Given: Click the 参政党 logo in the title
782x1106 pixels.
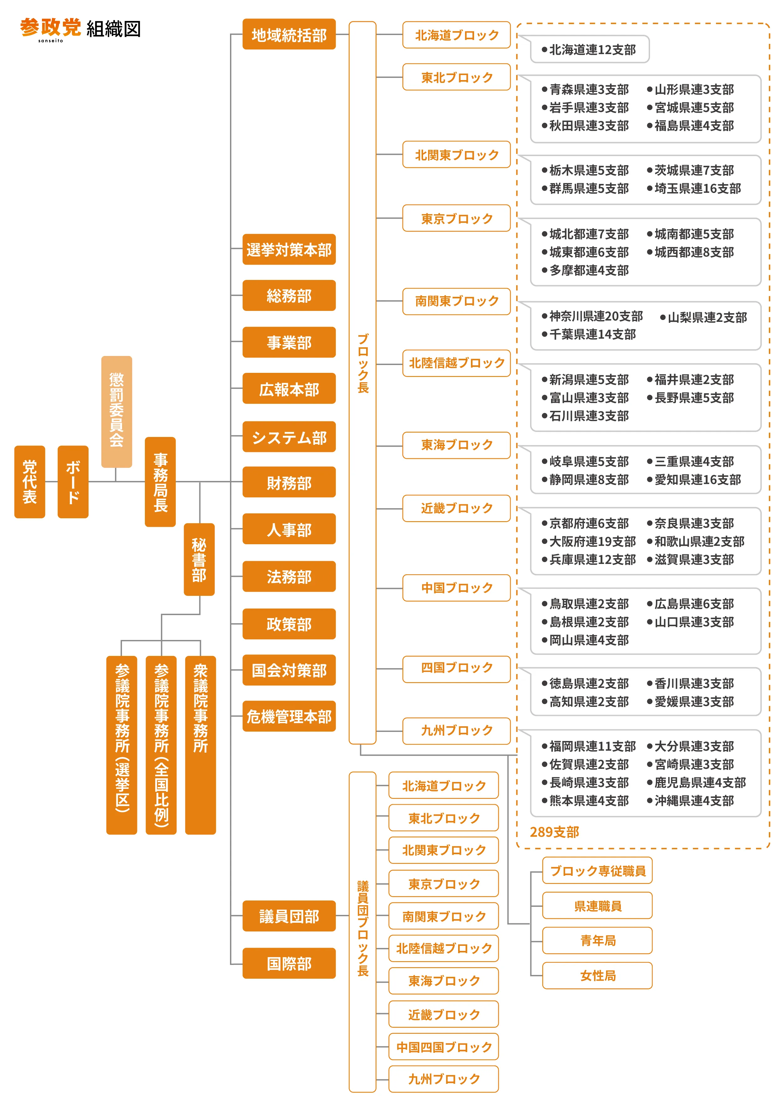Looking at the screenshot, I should (x=50, y=28).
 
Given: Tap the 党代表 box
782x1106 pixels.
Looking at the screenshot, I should (x=29, y=481).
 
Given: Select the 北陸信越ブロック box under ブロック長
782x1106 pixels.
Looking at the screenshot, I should (x=456, y=363).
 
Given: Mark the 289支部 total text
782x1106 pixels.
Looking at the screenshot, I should (x=554, y=832).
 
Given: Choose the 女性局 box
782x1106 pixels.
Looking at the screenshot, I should (x=597, y=976).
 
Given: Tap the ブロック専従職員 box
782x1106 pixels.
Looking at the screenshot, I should (x=597, y=870).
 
